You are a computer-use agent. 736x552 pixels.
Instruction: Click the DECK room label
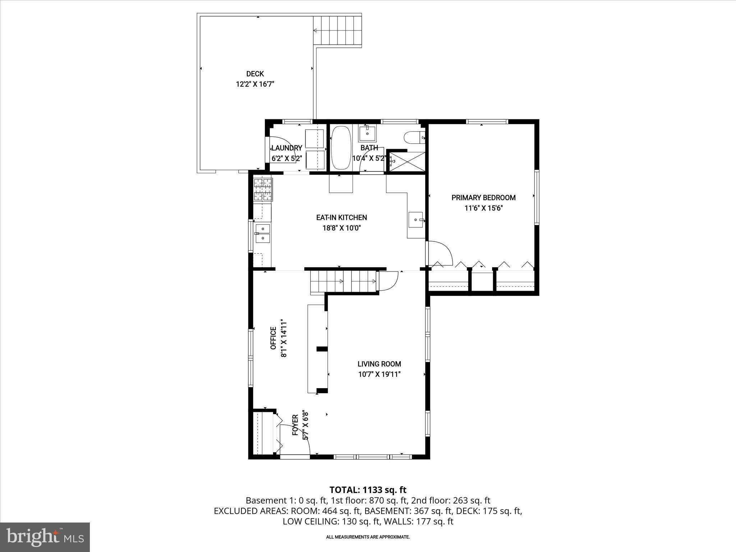[255, 74]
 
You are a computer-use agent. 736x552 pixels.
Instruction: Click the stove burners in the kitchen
[263, 189]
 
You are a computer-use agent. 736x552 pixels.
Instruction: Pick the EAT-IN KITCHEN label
[341, 217]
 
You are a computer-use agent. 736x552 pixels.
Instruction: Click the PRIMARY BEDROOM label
[483, 198]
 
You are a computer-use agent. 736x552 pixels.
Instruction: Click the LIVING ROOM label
[379, 364]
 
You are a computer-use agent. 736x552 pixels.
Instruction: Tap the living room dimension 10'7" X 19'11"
[379, 374]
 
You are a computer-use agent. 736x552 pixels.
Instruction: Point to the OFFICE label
[273, 338]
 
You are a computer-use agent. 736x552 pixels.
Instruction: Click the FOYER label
[295, 425]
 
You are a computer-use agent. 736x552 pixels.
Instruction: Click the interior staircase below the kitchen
[343, 281]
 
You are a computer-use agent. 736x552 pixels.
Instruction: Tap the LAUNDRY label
[286, 148]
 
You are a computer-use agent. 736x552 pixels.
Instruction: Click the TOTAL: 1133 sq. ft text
[368, 490]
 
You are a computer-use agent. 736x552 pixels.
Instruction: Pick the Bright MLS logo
[45, 537]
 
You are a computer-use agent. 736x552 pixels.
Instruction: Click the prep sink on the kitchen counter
[416, 219]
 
